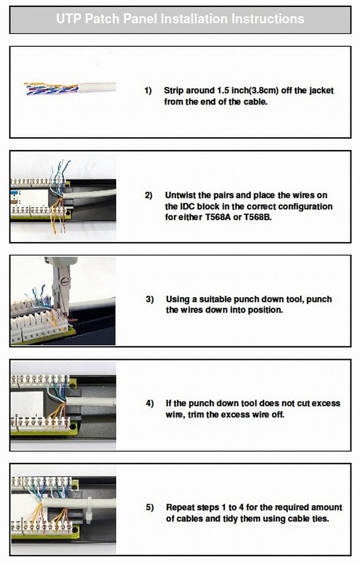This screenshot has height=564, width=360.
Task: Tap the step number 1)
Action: click(148, 90)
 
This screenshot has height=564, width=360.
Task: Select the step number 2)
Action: click(148, 195)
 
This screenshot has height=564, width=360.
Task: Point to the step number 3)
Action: click(150, 299)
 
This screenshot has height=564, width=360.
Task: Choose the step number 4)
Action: click(150, 403)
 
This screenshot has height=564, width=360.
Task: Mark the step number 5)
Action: click(150, 508)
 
